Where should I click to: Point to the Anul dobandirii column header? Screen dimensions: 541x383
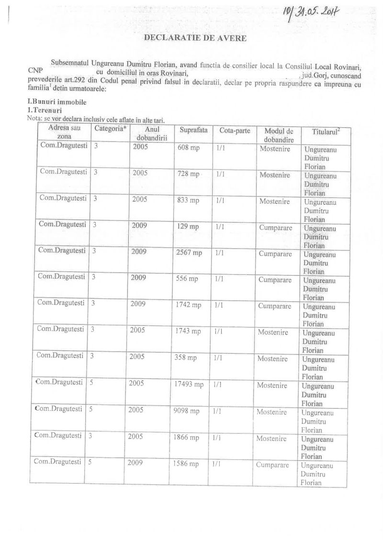tap(148, 133)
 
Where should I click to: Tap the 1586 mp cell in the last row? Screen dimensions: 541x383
tap(186, 464)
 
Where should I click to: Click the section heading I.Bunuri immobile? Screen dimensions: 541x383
tap(57, 102)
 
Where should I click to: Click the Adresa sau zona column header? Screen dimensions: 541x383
tap(64, 132)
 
